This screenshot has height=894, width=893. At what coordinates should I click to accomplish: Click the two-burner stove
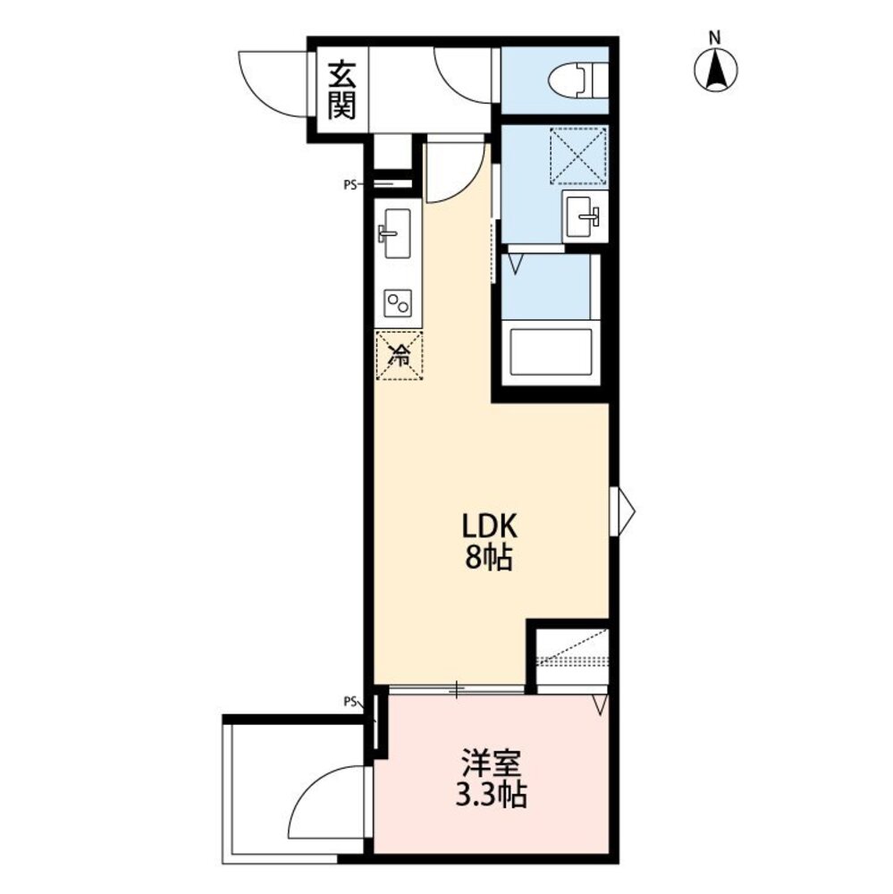(x=398, y=303)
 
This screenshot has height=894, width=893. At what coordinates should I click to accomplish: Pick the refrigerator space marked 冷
(x=399, y=357)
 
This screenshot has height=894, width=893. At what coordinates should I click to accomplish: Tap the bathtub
(x=551, y=351)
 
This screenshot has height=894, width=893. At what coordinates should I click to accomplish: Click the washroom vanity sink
(x=585, y=216)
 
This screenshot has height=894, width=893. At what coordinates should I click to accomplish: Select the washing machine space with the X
(x=578, y=156)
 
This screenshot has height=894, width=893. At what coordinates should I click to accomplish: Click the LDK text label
(x=489, y=527)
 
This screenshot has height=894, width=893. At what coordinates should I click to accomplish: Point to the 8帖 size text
(x=489, y=558)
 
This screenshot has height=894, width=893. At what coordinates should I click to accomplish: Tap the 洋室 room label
(x=492, y=763)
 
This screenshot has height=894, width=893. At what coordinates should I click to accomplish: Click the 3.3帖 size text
(x=491, y=795)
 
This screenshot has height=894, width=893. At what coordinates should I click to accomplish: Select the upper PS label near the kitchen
(x=350, y=185)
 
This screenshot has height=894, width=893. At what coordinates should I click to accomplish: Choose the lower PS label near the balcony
(x=350, y=701)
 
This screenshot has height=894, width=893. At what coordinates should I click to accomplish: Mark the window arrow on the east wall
(x=622, y=510)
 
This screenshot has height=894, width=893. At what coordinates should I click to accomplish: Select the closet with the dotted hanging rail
(x=572, y=661)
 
